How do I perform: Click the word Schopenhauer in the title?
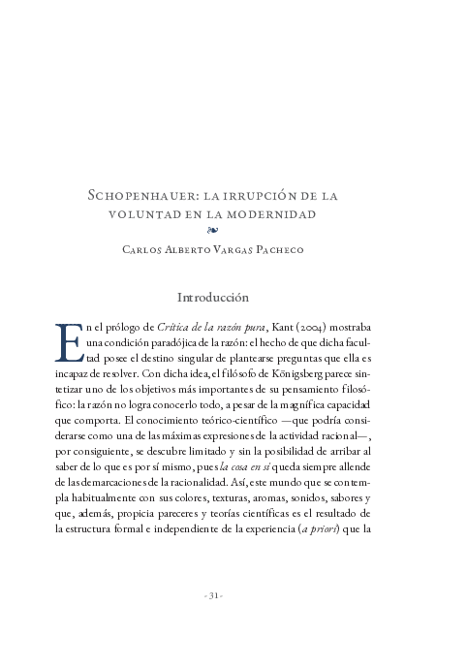(142, 195)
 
